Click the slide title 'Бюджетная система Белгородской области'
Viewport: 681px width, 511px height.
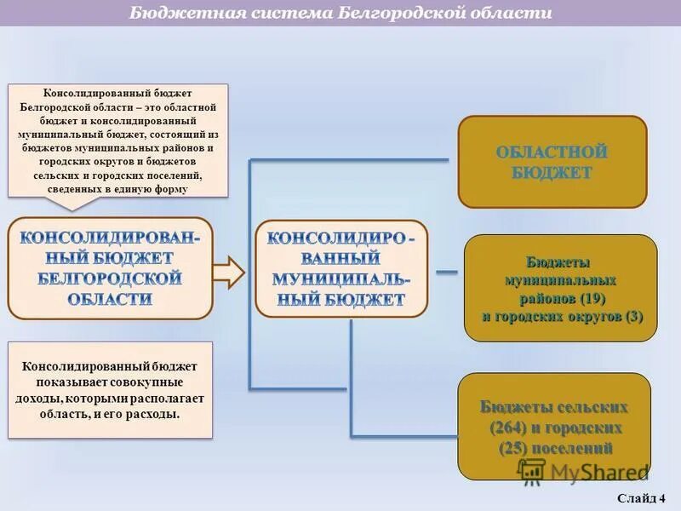tap(340, 14)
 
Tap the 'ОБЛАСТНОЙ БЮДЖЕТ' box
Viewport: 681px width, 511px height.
tap(552, 162)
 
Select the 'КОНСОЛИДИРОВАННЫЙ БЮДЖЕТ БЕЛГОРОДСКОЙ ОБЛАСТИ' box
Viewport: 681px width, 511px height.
tap(110, 267)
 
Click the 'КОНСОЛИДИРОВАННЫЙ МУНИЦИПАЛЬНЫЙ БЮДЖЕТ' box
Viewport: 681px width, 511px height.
tap(341, 267)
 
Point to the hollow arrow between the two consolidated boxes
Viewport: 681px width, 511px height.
tap(227, 273)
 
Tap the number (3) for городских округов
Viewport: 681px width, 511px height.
tap(633, 316)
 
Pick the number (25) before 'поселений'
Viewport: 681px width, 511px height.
tap(516, 448)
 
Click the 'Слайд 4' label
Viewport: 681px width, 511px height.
tap(643, 497)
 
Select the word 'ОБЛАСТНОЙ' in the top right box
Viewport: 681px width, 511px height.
tap(552, 152)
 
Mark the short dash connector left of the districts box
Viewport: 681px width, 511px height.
tap(447, 273)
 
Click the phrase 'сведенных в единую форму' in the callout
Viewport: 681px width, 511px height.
tap(118, 189)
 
